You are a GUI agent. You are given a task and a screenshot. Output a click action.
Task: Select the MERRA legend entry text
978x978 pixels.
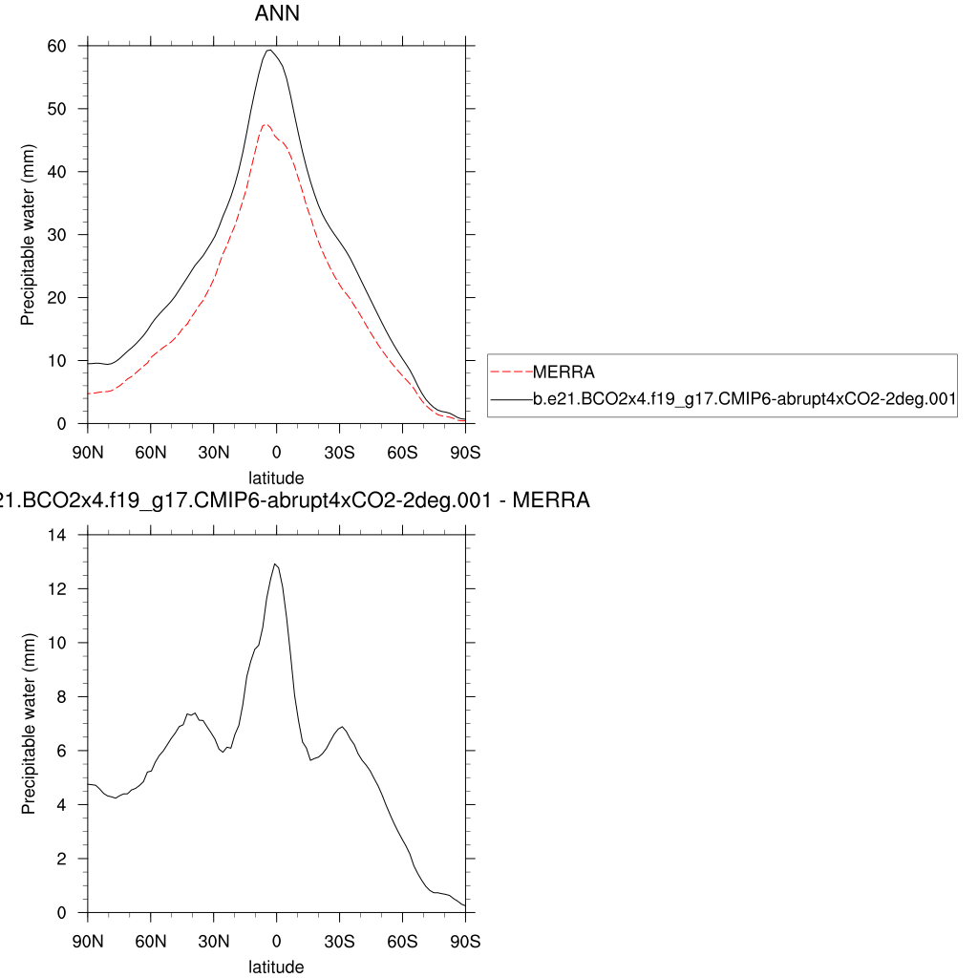pyautogui.click(x=564, y=372)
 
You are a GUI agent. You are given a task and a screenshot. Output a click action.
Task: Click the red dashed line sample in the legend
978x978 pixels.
pyautogui.click(x=510, y=372)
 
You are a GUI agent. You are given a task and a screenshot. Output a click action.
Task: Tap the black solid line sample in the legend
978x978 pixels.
pyautogui.click(x=510, y=401)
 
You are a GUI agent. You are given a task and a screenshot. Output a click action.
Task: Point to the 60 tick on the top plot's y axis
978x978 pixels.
pyautogui.click(x=56, y=46)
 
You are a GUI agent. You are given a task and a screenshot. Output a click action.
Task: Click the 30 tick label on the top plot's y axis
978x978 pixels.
pyautogui.click(x=56, y=235)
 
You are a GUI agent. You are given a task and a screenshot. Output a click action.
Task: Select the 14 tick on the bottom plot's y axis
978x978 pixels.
pyautogui.click(x=56, y=535)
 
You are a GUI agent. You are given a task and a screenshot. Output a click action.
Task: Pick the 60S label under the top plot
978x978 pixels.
pyautogui.click(x=402, y=451)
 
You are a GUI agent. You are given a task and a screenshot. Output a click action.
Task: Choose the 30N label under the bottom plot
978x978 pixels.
pyautogui.click(x=214, y=940)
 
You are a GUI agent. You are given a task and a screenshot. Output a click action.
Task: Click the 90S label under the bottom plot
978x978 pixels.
pyautogui.click(x=465, y=940)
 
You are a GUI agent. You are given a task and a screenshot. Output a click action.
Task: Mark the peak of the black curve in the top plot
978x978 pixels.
pyautogui.click(x=270, y=50)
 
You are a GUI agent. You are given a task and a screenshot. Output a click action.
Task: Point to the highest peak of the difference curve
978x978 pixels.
pyautogui.click(x=275, y=563)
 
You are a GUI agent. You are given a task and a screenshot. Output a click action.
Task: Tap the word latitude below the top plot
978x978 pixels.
pyautogui.click(x=276, y=478)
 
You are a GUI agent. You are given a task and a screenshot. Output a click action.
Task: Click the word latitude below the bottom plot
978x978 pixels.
pyautogui.click(x=276, y=967)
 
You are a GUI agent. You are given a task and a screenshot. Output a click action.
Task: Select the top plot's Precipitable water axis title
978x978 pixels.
pyautogui.click(x=28, y=235)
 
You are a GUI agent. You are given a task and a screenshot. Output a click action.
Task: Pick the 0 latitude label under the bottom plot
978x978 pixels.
pyautogui.click(x=277, y=940)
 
